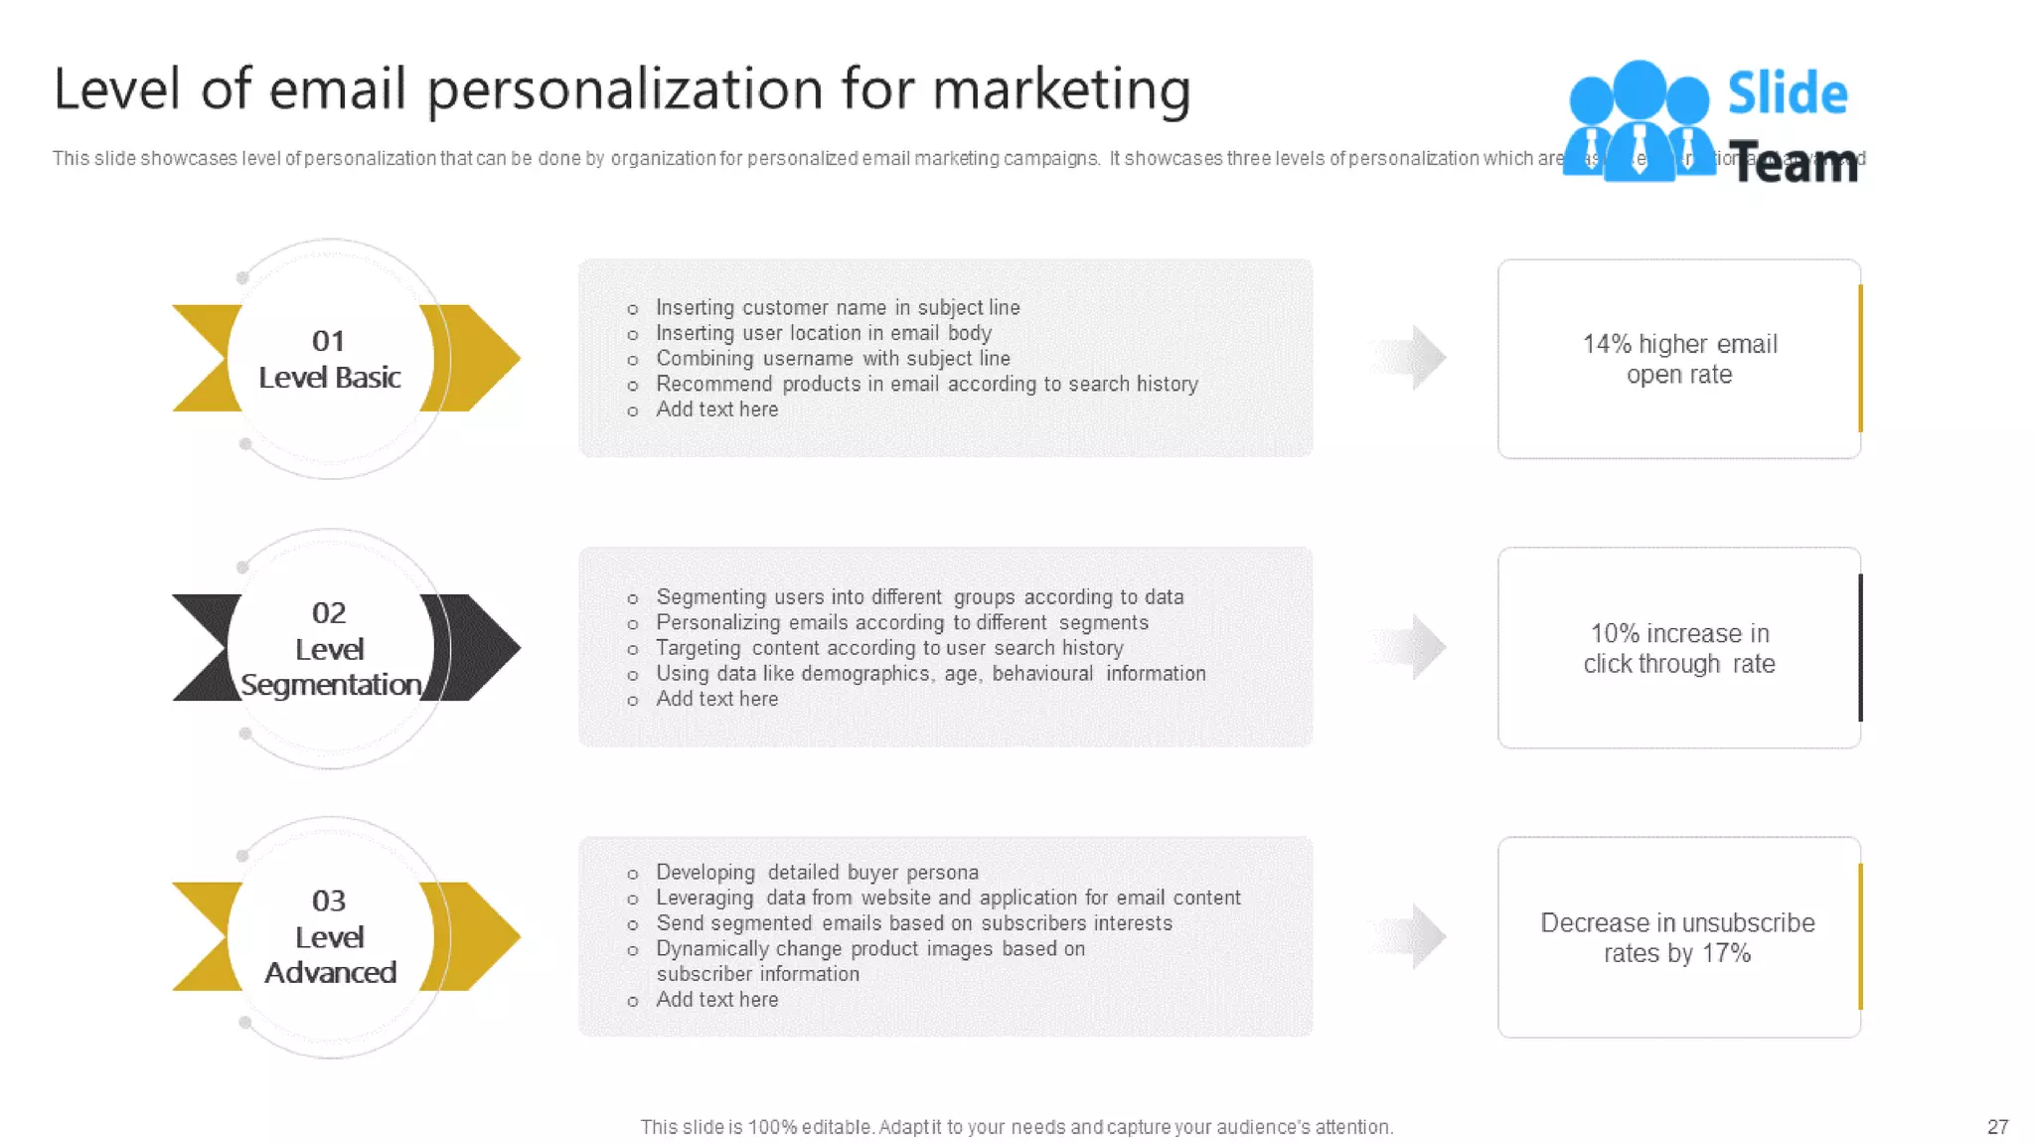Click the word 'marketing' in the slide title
(x=1060, y=89)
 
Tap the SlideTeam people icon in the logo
(x=1639, y=121)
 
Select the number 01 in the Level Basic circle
(x=328, y=341)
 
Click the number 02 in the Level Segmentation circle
(x=329, y=612)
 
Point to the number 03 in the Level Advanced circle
(x=329, y=900)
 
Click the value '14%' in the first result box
(x=1606, y=344)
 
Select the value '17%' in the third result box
(x=1726, y=953)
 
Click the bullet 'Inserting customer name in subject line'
(x=838, y=308)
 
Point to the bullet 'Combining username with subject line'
(x=833, y=359)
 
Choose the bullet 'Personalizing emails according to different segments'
(x=902, y=623)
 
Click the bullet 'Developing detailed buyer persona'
(x=817, y=873)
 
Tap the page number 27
(x=1997, y=1127)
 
